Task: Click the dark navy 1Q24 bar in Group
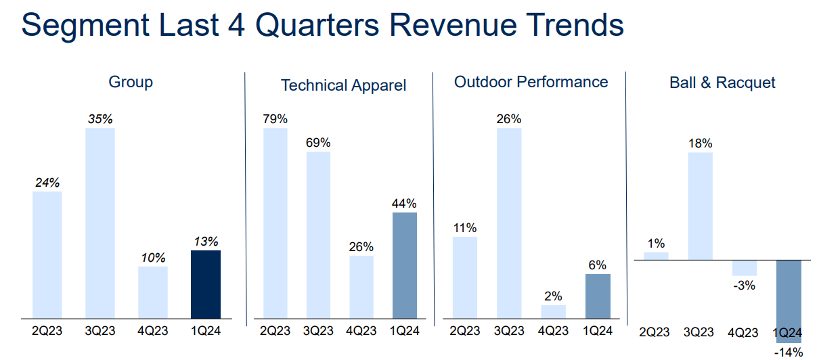coord(206,284)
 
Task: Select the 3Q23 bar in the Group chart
coord(99,223)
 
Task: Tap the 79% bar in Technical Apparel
coord(275,223)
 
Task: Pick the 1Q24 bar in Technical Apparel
coord(404,265)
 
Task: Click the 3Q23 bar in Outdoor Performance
coord(509,223)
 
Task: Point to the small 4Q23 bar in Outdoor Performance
coord(553,311)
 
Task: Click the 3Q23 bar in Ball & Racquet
coord(701,206)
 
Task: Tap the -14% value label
coord(789,352)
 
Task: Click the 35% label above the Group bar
coord(100,119)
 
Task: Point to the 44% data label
coord(404,204)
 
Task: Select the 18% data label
coord(701,143)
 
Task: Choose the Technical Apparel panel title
coord(343,85)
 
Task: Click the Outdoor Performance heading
coord(531,83)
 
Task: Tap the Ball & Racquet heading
coord(722,83)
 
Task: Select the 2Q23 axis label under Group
coord(47,331)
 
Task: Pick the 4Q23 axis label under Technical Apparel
coord(361,331)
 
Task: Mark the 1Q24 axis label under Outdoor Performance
coord(597,331)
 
